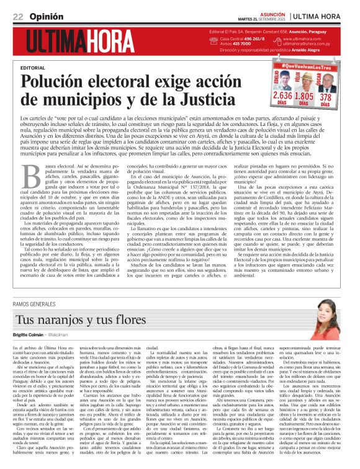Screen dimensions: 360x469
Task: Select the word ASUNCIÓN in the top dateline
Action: (269, 12)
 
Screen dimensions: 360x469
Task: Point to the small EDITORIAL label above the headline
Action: (32, 67)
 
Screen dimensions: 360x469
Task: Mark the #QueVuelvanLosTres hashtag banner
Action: (304, 65)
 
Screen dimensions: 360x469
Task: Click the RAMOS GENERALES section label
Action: (38, 303)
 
